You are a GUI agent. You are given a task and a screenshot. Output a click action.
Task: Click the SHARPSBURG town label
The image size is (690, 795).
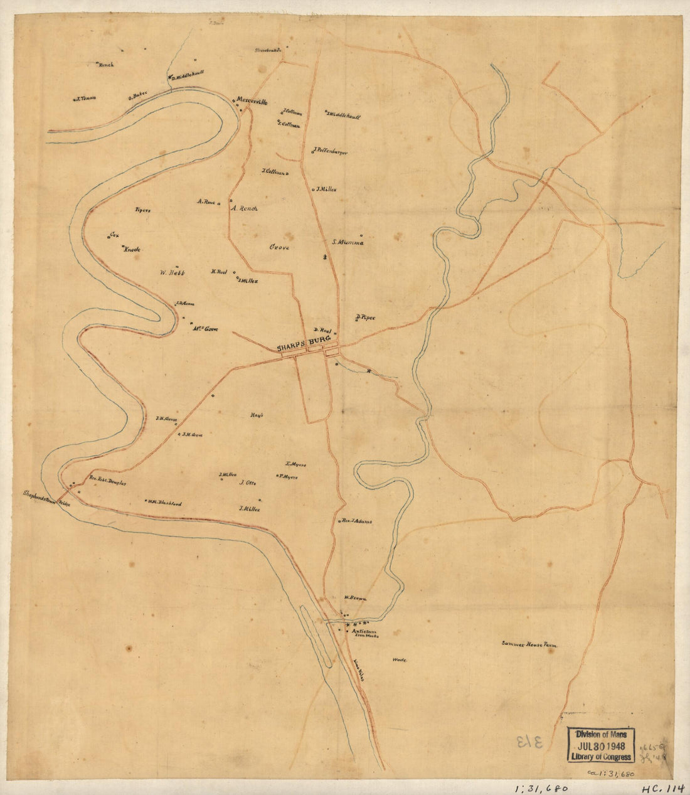pos(304,344)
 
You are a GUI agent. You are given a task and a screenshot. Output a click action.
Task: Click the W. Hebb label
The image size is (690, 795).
pos(171,272)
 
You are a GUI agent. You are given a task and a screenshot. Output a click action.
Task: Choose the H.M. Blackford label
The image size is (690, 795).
pos(165,502)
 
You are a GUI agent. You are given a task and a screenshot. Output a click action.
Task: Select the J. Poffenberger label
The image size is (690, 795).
pos(329,152)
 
